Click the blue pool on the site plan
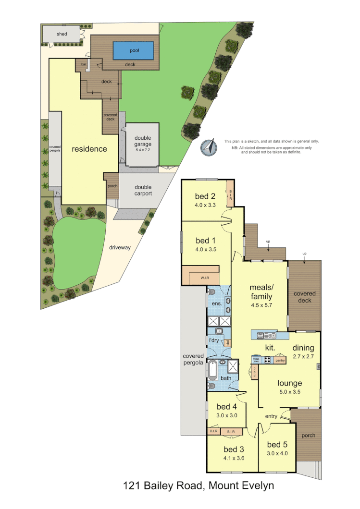[x=134, y=49]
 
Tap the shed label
[x=62, y=34]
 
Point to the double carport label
[x=143, y=190]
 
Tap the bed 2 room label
[x=205, y=196]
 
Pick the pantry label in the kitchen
[x=280, y=360]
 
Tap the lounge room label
[x=289, y=383]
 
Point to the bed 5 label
[x=277, y=444]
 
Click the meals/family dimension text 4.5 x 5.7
[x=261, y=304]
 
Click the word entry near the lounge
[x=271, y=416]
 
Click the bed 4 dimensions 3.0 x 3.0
[x=226, y=415]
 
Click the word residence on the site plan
[x=89, y=149]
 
